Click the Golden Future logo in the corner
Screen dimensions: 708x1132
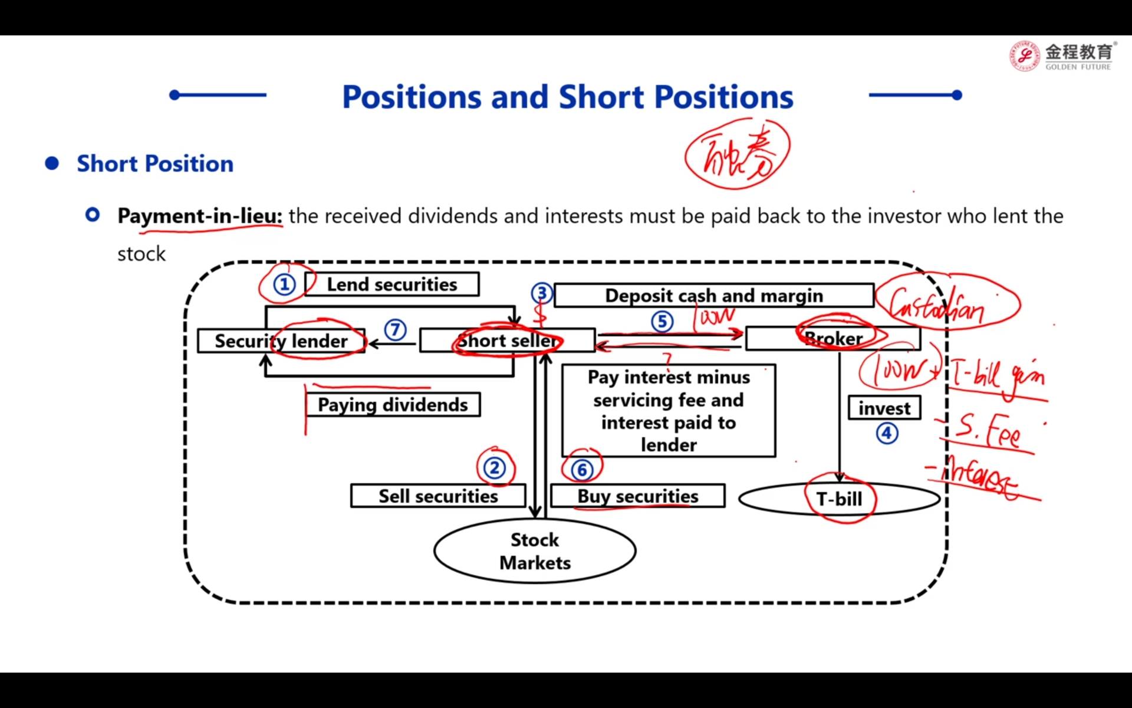(x=1061, y=56)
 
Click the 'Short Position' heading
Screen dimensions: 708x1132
(x=155, y=163)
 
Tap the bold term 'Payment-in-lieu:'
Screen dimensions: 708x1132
(x=200, y=216)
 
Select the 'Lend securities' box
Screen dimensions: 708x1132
(x=392, y=284)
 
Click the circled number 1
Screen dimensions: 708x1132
(x=284, y=285)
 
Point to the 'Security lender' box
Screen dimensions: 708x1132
(x=281, y=341)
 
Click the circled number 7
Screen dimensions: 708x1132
(x=395, y=329)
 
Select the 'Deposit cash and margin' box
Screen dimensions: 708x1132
(x=713, y=296)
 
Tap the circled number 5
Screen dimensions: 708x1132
(x=662, y=322)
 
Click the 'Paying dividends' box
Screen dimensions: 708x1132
(x=393, y=405)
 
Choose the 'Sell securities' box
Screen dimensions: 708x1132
(x=438, y=496)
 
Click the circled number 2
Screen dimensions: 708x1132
(x=495, y=468)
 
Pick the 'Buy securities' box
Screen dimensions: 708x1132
(x=638, y=496)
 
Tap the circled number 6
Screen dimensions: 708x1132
(x=582, y=470)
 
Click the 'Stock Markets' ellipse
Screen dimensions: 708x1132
(x=535, y=551)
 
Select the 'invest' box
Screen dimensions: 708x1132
(x=884, y=408)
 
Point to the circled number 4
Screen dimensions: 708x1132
(x=887, y=433)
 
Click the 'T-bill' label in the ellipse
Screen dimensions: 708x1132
(x=839, y=499)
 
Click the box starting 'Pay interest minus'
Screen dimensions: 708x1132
(x=669, y=411)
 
